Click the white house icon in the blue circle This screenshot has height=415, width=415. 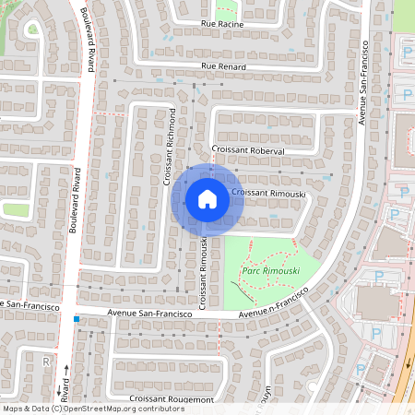[207, 198]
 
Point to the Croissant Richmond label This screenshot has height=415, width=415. [171, 146]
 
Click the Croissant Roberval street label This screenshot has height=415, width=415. [248, 149]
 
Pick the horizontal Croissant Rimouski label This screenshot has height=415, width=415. [268, 192]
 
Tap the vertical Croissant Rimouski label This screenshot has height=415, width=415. [202, 272]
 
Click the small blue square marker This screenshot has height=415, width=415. [77, 320]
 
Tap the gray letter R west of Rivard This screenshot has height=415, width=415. [45, 362]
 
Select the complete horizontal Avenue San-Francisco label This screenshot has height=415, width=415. [148, 313]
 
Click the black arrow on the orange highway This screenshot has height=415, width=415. [409, 362]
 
